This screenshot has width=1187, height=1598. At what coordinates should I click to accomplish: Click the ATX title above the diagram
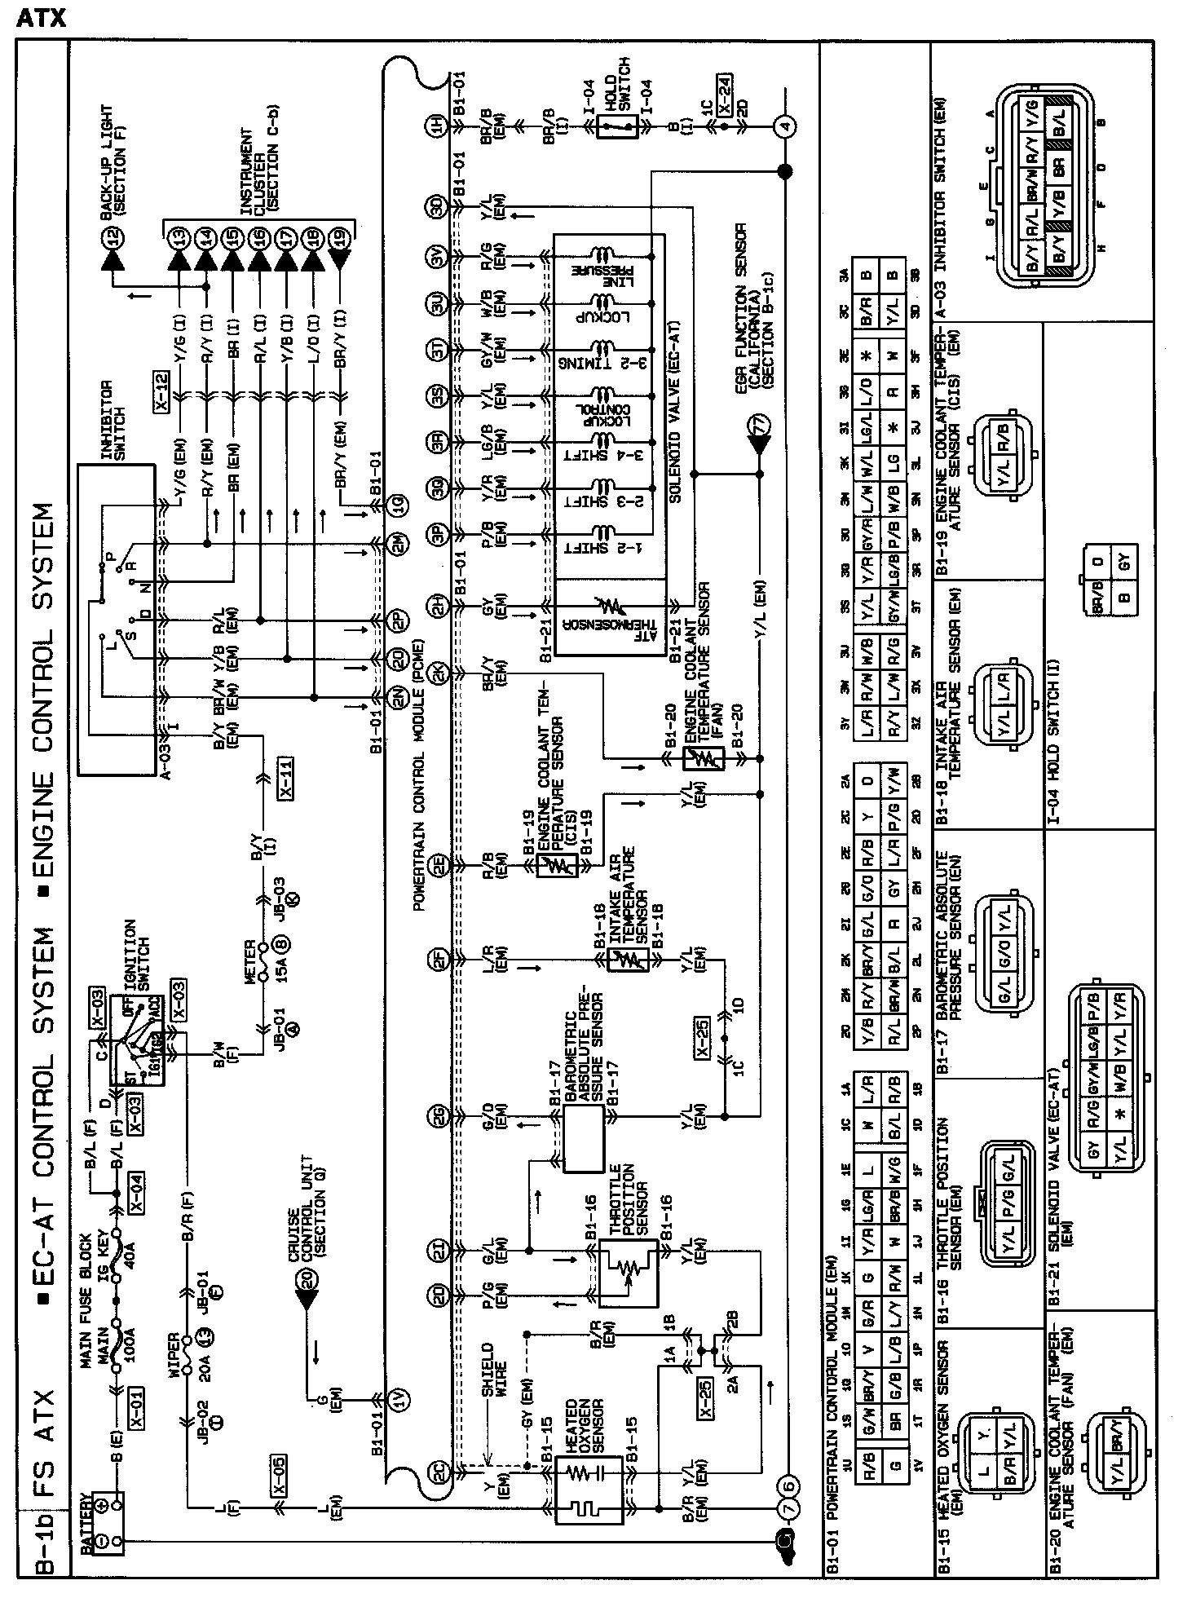point(41,18)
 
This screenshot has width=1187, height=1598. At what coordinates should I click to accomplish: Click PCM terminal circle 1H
point(438,126)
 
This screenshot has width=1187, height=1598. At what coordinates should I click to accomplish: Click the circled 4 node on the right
point(785,126)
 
